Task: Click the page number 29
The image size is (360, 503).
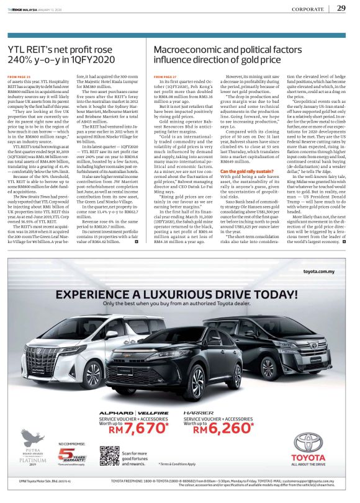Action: tap(341, 8)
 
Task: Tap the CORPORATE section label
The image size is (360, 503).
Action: tap(309, 9)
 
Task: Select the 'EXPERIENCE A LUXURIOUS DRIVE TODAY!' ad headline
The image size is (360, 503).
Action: tap(180, 294)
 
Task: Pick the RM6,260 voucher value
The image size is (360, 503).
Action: tap(220, 429)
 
